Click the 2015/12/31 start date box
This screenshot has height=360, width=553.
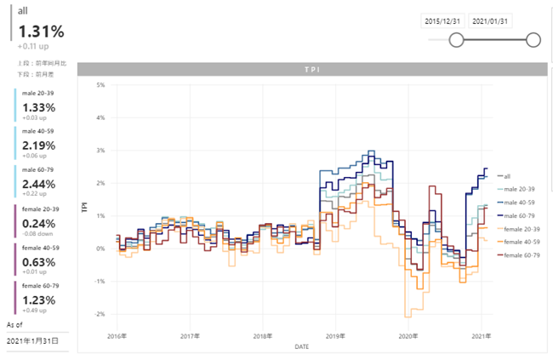[443, 20]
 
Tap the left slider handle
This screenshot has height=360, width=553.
[456, 40]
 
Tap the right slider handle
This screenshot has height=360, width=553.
[533, 40]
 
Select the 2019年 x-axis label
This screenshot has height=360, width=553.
[334, 336]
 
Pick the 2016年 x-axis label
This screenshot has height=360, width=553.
[117, 336]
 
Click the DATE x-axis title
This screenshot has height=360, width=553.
[302, 346]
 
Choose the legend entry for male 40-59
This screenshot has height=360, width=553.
[519, 202]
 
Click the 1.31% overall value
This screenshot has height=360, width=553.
[41, 32]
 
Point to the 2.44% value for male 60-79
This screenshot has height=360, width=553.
[39, 184]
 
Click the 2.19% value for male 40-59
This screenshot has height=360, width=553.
[39, 146]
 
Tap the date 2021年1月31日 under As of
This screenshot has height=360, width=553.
[33, 340]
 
